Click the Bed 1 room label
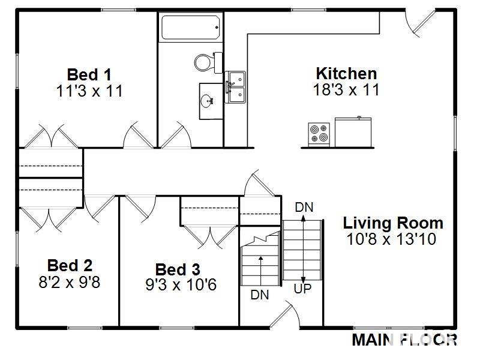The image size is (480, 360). pyautogui.click(x=89, y=74)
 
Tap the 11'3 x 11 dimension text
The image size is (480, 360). pyautogui.click(x=89, y=91)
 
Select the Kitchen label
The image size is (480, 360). pyautogui.click(x=346, y=73)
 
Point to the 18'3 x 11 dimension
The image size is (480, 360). pyautogui.click(x=346, y=89)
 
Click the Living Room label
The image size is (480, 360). pyautogui.click(x=393, y=223)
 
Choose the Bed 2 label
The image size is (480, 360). pyautogui.click(x=70, y=265)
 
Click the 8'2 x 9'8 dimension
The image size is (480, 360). pyautogui.click(x=70, y=281)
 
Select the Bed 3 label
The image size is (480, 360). pyautogui.click(x=178, y=269)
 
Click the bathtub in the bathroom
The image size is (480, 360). pyautogui.click(x=190, y=27)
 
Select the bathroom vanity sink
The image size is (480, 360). pyautogui.click(x=209, y=101)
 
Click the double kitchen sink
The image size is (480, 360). pyautogui.click(x=235, y=87)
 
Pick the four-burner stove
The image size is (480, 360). pyautogui.click(x=319, y=134)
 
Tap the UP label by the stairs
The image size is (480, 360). pyautogui.click(x=302, y=289)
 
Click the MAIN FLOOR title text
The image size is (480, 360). pyautogui.click(x=404, y=340)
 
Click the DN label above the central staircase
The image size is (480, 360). pyautogui.click(x=304, y=207)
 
